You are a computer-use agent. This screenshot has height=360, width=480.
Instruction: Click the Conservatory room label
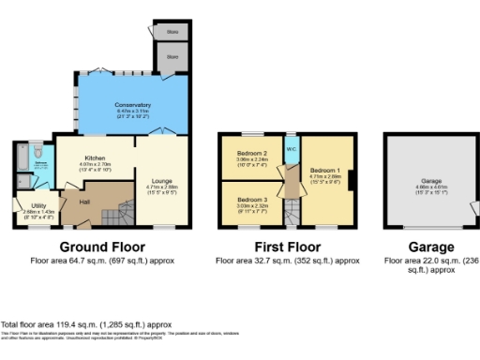[132, 104]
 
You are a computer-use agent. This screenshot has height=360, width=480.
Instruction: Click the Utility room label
[38, 204]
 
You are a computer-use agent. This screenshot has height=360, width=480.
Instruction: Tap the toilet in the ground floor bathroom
[37, 151]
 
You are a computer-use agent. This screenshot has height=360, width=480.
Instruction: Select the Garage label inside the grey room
[430, 179]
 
